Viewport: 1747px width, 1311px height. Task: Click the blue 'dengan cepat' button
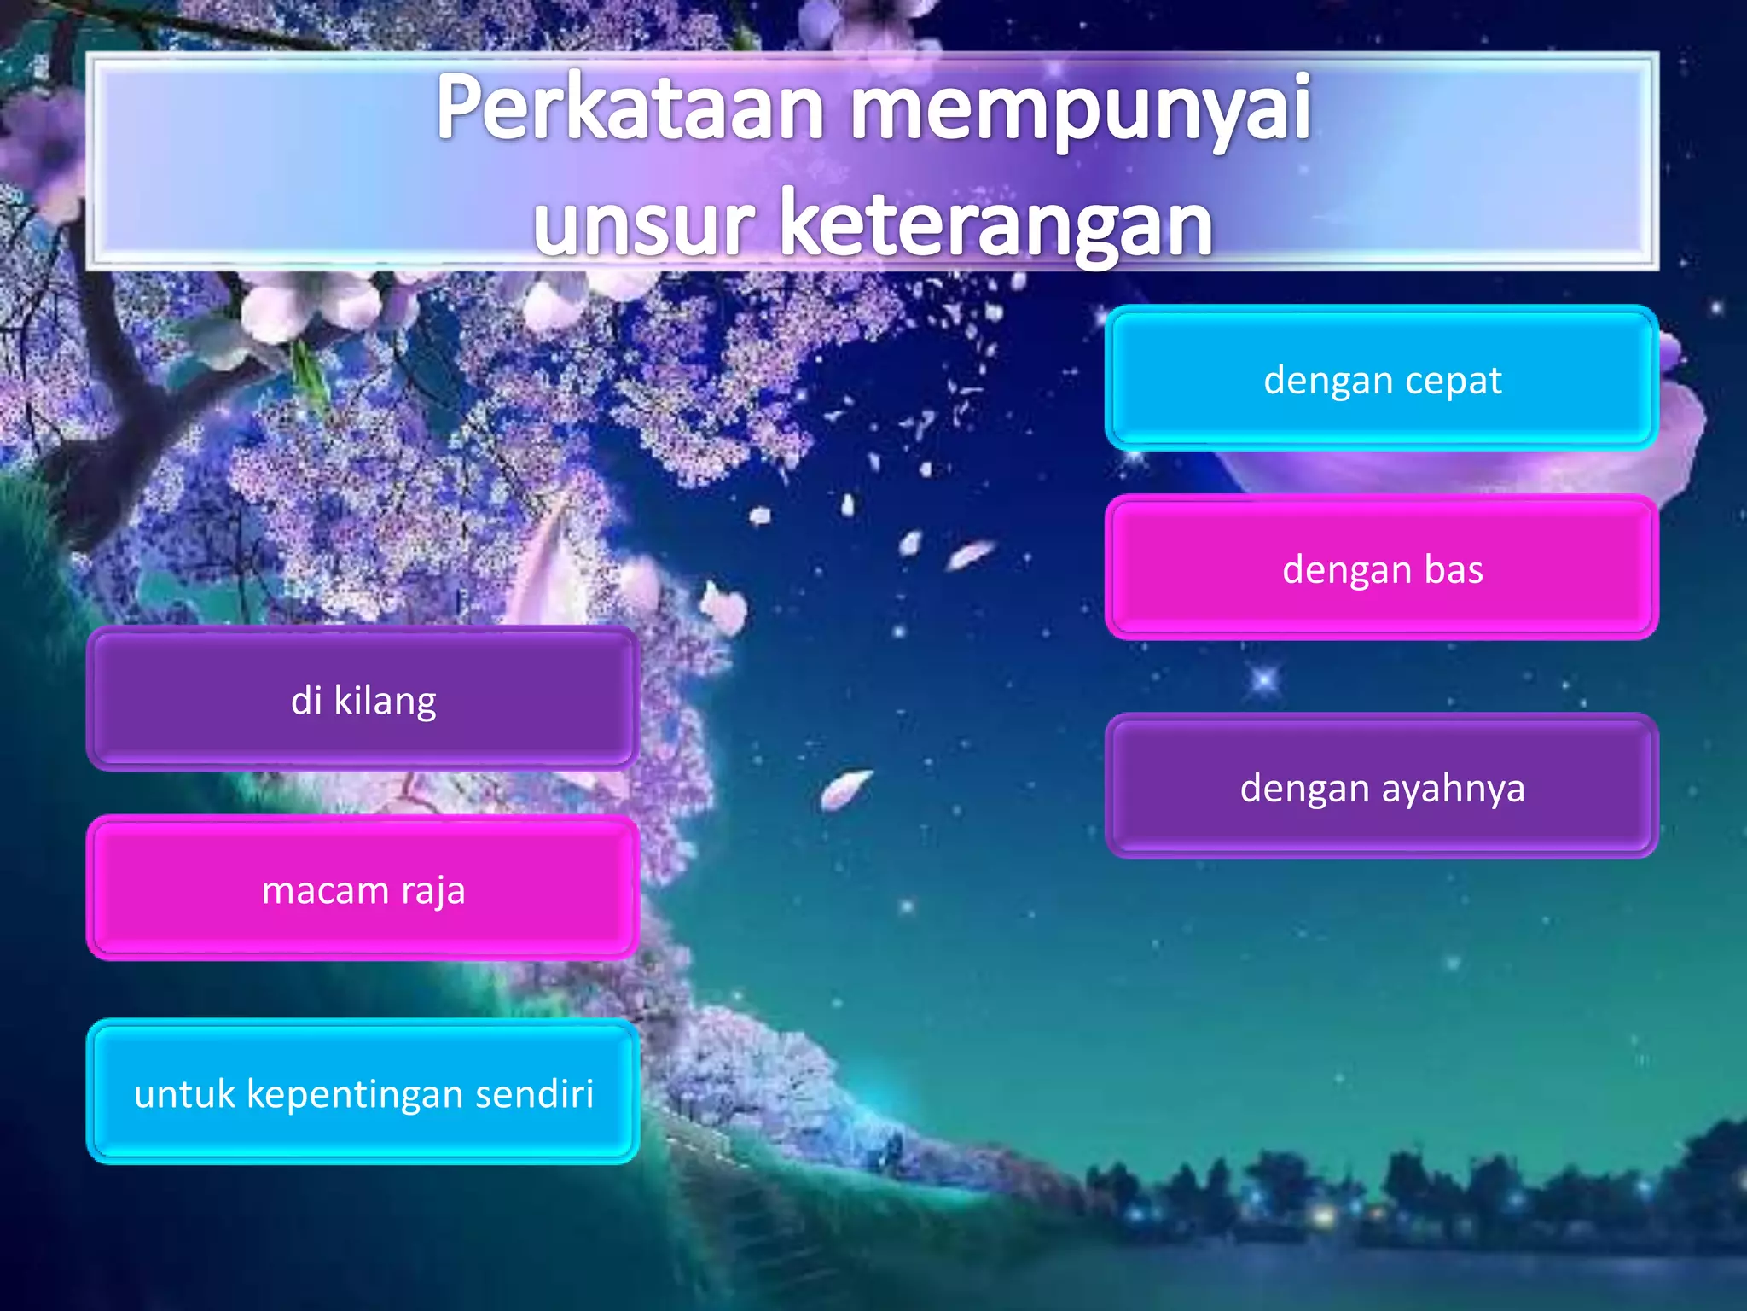1381,378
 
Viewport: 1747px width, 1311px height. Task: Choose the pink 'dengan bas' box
1381,568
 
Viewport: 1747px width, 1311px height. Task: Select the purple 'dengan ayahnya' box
1381,786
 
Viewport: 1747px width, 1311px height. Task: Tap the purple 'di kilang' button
363,699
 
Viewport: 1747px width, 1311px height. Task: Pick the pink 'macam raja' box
363,889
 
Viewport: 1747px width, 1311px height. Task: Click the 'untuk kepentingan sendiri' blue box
363,1092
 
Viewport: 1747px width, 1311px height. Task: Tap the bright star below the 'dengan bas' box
1264,680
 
